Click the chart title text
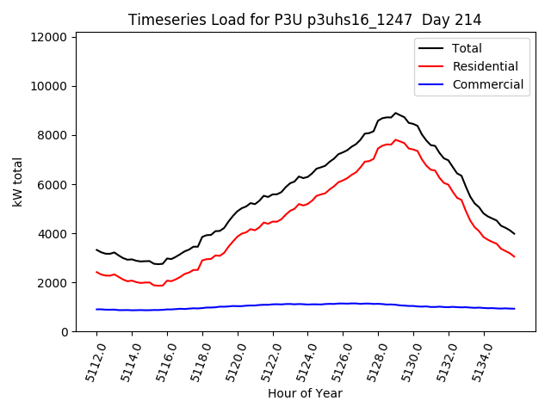pos(305,20)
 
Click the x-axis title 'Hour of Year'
pos(305,393)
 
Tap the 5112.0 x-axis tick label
pos(91,361)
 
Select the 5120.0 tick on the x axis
pos(232,361)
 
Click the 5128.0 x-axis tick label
pos(373,361)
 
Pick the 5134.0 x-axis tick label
pos(479,361)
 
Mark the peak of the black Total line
pos(395,113)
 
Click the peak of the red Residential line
pos(395,139)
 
